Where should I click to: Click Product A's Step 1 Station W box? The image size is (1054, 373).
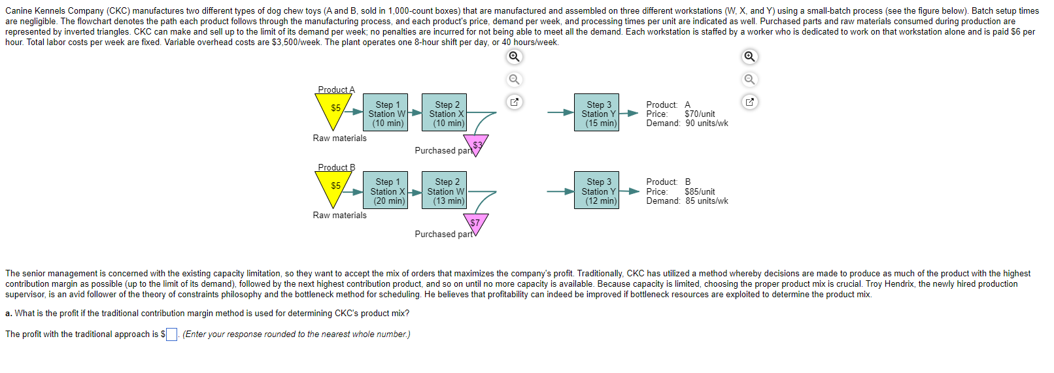coord(388,113)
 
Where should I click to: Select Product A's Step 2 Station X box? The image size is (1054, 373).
coord(448,113)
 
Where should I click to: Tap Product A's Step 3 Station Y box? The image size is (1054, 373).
coord(600,113)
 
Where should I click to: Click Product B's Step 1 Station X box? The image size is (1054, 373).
coord(388,191)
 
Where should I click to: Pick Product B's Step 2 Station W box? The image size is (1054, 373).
coord(448,191)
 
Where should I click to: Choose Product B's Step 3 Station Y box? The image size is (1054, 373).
coord(600,191)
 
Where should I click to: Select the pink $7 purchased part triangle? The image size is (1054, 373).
coord(475,223)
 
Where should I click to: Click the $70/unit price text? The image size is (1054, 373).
coord(700,114)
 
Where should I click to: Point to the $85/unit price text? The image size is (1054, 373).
coord(700,191)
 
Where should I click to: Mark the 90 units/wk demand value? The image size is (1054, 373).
coord(706,123)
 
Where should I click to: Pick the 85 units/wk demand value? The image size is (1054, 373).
coord(706,201)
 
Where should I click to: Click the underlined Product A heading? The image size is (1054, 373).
coord(336,89)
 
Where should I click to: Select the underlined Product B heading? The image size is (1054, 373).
coord(336,167)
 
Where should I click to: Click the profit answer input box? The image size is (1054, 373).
coord(171,334)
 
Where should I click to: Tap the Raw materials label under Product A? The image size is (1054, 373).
coord(339,138)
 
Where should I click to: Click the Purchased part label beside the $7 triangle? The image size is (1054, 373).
coord(443,234)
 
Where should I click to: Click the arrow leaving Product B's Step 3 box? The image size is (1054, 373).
coord(629,191)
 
